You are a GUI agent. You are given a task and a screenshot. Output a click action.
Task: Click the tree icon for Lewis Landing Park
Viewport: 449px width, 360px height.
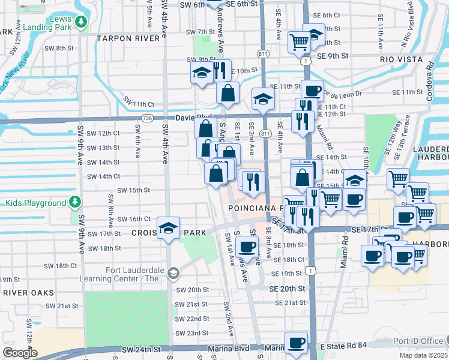click(x=81, y=23)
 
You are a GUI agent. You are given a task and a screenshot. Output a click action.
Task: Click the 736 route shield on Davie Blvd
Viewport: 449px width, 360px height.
click(x=146, y=118)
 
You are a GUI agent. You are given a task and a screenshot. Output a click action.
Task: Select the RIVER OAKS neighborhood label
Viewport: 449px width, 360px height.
click(x=28, y=293)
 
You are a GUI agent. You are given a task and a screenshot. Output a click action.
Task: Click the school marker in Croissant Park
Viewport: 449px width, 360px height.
click(x=169, y=229)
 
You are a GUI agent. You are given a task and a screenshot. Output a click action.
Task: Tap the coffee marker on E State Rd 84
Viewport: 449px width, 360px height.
click(x=296, y=343)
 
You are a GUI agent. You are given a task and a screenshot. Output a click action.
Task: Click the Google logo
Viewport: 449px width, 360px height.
click(x=20, y=352)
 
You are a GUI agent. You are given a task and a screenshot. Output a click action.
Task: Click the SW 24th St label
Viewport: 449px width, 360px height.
click(x=141, y=349)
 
